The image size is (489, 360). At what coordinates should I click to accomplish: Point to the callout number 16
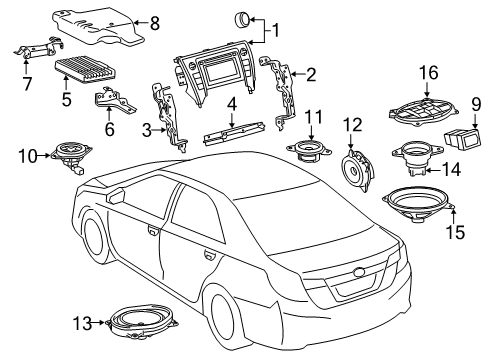pyautogui.click(x=428, y=72)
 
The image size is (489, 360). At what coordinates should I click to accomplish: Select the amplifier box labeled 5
pyautogui.click(x=92, y=73)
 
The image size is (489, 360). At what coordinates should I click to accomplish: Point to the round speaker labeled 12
pyautogui.click(x=356, y=168)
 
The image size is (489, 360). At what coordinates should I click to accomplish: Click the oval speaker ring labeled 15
pyautogui.click(x=418, y=207)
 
